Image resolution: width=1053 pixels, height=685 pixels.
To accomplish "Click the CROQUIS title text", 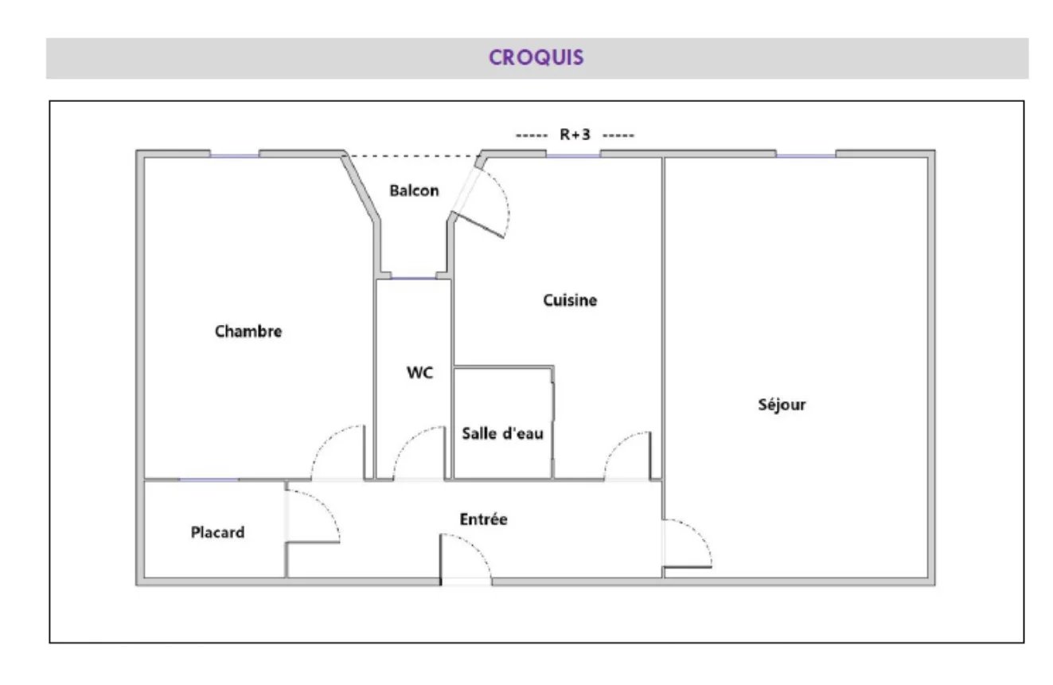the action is click(x=536, y=58).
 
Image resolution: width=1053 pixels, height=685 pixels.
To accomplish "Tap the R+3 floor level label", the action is click(x=575, y=135).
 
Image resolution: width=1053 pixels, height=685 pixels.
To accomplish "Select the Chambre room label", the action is click(x=248, y=331).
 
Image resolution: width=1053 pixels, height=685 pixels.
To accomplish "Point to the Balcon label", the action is click(x=414, y=190).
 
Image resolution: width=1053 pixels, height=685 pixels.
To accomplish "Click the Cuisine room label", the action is click(x=570, y=300).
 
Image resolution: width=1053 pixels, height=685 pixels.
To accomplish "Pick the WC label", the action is click(x=419, y=373).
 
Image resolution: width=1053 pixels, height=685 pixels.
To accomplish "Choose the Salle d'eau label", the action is click(x=502, y=433).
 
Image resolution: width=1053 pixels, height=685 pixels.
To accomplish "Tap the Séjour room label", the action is click(x=782, y=405).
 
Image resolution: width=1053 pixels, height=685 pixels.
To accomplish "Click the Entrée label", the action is click(x=483, y=519).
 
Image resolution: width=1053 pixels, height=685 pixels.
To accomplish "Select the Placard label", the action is click(x=217, y=532).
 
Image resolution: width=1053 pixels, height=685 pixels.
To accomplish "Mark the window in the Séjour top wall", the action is click(x=805, y=155).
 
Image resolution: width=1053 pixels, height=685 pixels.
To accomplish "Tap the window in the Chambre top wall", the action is click(x=234, y=155).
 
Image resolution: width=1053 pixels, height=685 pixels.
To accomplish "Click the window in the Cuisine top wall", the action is click(x=573, y=155).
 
